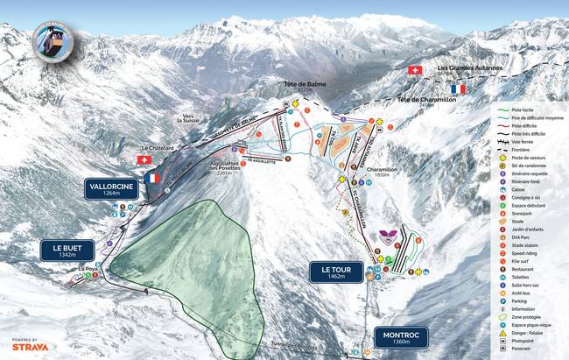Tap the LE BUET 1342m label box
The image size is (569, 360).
click(67, 250)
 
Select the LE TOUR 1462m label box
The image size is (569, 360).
click(336, 272)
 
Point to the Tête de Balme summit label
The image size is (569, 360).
click(299, 87)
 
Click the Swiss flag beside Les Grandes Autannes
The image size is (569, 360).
click(415, 69)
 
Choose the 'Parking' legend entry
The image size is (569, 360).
click(522, 300)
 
